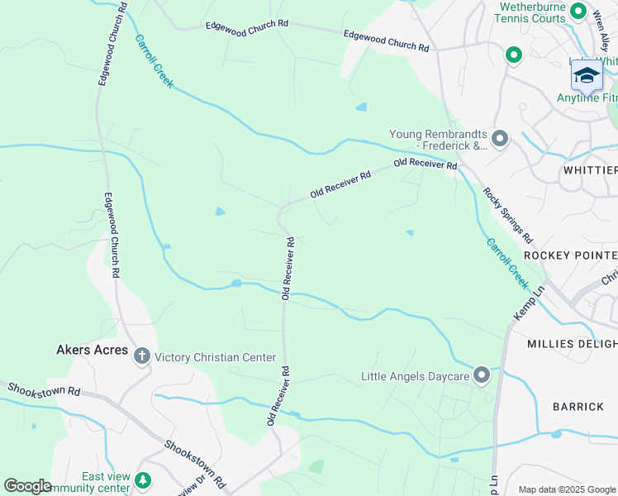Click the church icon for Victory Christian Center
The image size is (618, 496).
(141, 357)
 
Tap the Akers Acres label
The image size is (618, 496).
(93, 350)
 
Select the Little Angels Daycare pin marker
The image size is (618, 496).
(482, 376)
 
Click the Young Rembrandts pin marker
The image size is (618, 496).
(499, 139)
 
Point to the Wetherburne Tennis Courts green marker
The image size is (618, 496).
(578, 12)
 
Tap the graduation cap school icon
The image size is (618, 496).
(587, 76)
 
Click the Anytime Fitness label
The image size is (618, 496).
(587, 98)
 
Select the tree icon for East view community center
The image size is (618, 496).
(143, 479)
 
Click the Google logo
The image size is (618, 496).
(27, 486)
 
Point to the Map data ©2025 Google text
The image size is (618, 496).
(566, 489)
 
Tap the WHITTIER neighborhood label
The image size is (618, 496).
(578, 170)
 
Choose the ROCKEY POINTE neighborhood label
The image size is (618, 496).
(570, 255)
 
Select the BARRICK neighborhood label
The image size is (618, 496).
(578, 406)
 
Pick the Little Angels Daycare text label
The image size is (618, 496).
(414, 377)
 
